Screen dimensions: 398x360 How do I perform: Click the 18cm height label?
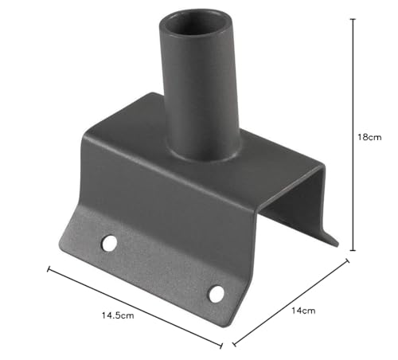click(x=369, y=137)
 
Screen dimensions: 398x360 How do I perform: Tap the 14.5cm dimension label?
click(x=118, y=315)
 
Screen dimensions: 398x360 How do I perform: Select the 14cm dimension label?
click(x=303, y=311)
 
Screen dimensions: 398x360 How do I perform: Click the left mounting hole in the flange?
click(x=109, y=243)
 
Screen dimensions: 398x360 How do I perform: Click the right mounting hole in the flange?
click(x=217, y=294)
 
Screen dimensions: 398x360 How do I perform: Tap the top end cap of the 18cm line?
click(x=353, y=19)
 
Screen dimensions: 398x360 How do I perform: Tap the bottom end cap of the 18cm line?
click(x=353, y=250)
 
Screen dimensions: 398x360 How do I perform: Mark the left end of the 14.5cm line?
click(x=48, y=269)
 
